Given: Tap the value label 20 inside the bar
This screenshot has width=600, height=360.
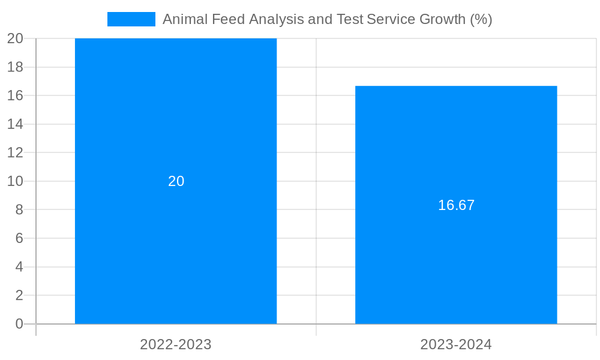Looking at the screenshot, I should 176,181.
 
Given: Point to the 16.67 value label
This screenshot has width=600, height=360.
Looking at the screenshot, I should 456,205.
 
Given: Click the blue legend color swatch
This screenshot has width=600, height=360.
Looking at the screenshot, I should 131,19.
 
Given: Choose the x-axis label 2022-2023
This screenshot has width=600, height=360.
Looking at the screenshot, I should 176,344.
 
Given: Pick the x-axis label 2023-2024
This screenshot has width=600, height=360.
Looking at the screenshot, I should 456,344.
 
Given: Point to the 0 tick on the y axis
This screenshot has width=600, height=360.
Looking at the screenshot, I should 19,324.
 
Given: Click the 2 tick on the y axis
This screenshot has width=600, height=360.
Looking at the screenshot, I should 19,295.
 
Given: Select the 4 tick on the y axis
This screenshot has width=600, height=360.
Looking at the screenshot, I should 19,267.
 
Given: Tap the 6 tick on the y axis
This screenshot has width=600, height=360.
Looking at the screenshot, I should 19,238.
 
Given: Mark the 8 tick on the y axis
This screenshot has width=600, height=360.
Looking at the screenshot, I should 19,209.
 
